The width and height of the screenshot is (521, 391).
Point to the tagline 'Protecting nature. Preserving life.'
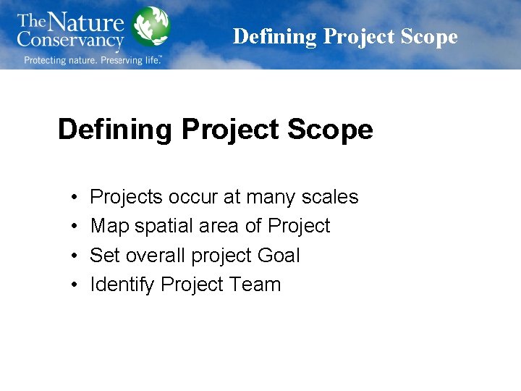click(93, 60)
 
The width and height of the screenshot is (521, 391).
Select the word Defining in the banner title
click(275, 36)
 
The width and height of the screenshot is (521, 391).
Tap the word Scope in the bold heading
click(331, 130)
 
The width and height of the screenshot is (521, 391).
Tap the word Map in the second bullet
click(106, 226)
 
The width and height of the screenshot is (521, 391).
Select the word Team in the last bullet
click(256, 285)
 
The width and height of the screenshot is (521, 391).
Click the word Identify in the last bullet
click(122, 285)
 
